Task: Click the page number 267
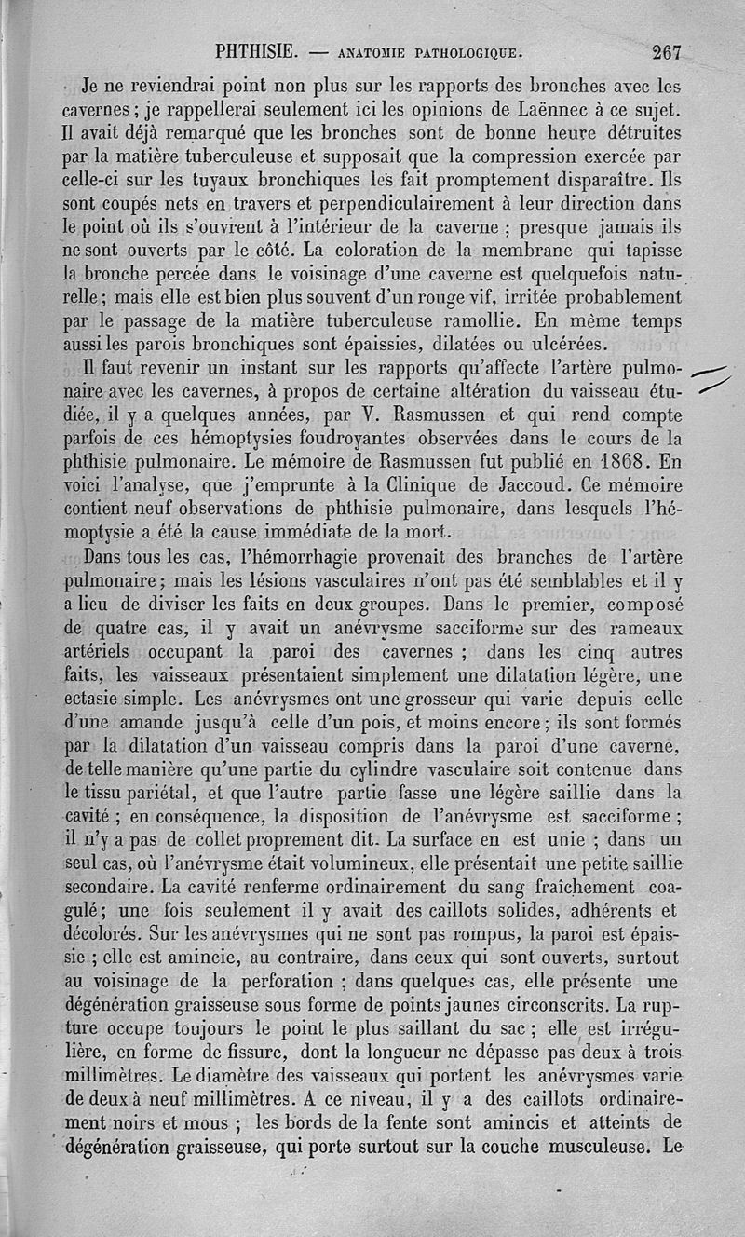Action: (667, 52)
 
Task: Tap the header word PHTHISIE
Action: (254, 52)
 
